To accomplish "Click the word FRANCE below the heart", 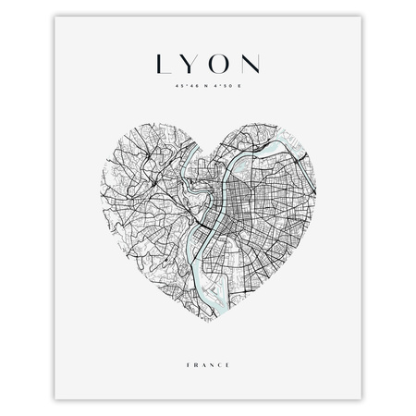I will (x=208, y=349).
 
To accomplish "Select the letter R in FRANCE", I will (x=196, y=349).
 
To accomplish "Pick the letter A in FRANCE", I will (x=204, y=349).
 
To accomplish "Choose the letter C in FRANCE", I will (x=220, y=349).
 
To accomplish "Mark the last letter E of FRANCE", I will (x=228, y=349).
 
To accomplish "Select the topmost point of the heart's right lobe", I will (x=263, y=125).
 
